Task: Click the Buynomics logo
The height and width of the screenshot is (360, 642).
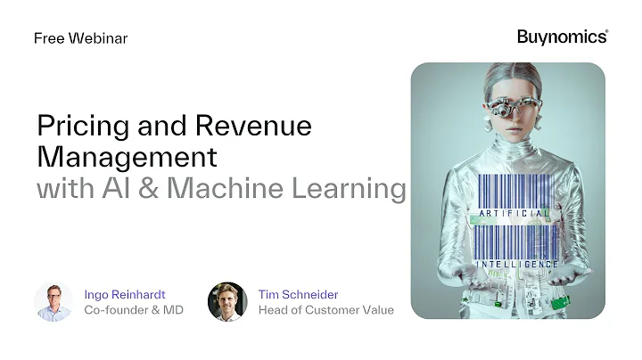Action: (x=562, y=37)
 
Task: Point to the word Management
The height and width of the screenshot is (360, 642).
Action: (x=127, y=157)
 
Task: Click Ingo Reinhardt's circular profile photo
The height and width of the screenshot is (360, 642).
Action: (x=53, y=301)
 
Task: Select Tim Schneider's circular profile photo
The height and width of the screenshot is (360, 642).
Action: (x=226, y=301)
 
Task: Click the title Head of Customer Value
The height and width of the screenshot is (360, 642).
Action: (x=325, y=310)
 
